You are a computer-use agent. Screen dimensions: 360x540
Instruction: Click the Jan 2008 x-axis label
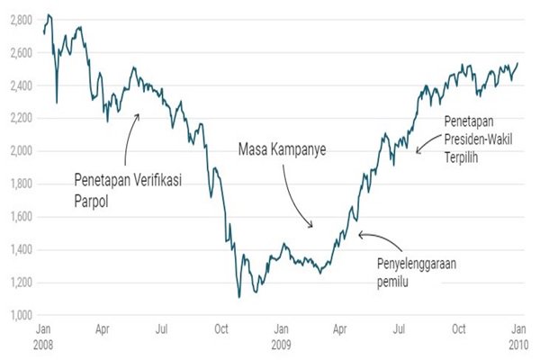pos(44,337)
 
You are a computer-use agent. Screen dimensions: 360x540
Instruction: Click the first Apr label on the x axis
pos(103,330)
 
